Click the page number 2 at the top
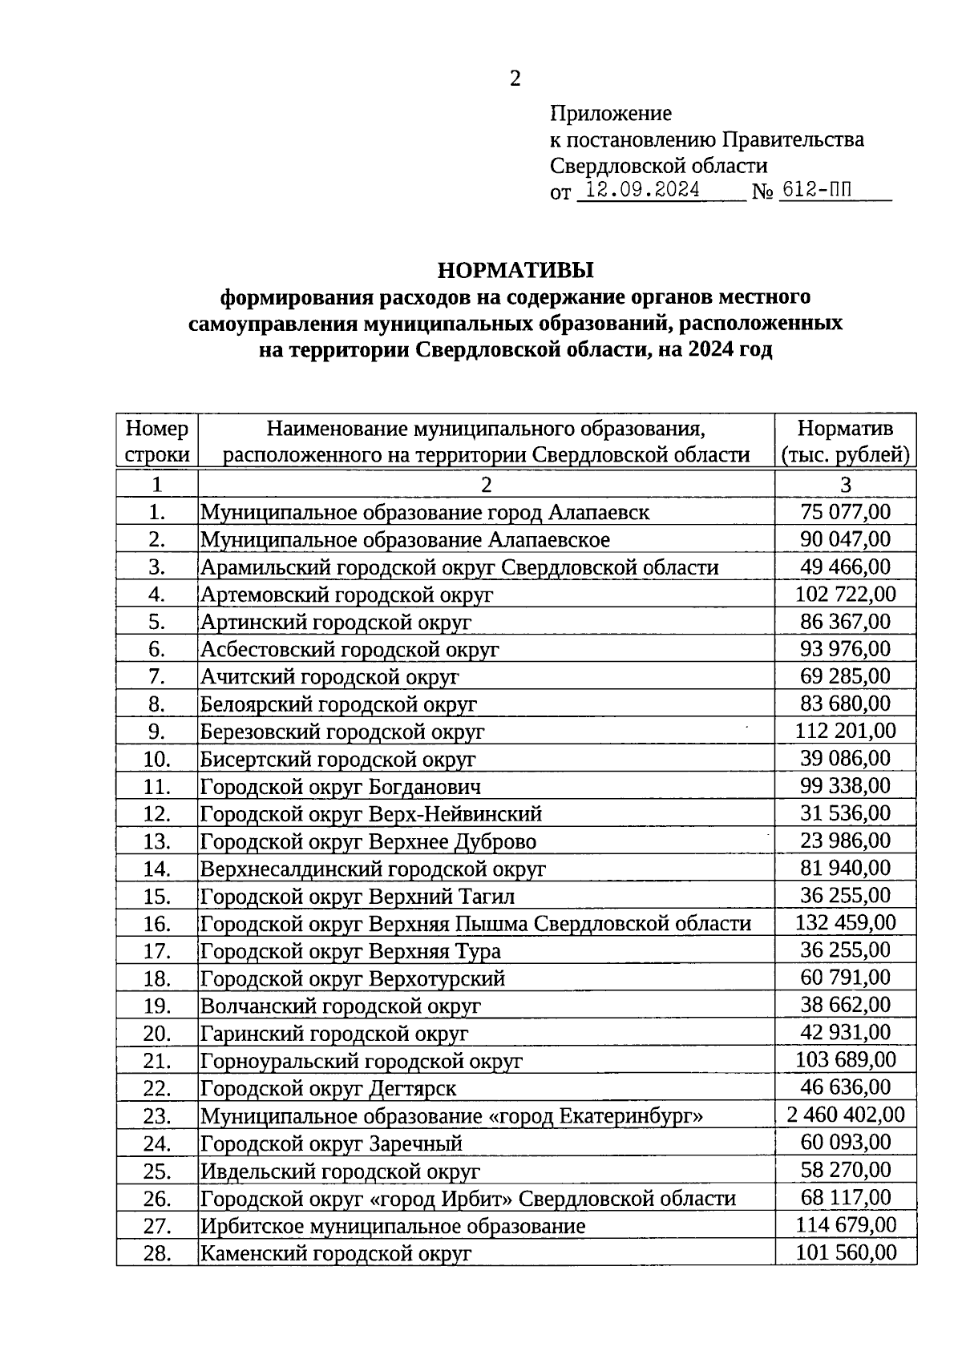point(515,79)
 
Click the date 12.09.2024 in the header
point(642,191)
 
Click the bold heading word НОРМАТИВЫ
point(515,268)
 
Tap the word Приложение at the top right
point(611,113)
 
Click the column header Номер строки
point(157,442)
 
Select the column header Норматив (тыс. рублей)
point(845,442)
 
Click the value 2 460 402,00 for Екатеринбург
point(845,1115)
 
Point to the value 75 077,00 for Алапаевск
point(845,512)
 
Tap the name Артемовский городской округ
point(346,595)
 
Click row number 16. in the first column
point(157,924)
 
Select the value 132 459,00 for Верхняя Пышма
point(845,922)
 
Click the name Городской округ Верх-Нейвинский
point(370,814)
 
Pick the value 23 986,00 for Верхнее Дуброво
point(845,841)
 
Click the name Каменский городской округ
point(335,1253)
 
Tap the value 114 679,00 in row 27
point(845,1224)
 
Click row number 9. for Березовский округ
point(157,732)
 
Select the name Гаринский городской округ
point(333,1034)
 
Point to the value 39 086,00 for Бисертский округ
point(845,758)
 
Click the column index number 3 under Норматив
point(845,484)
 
